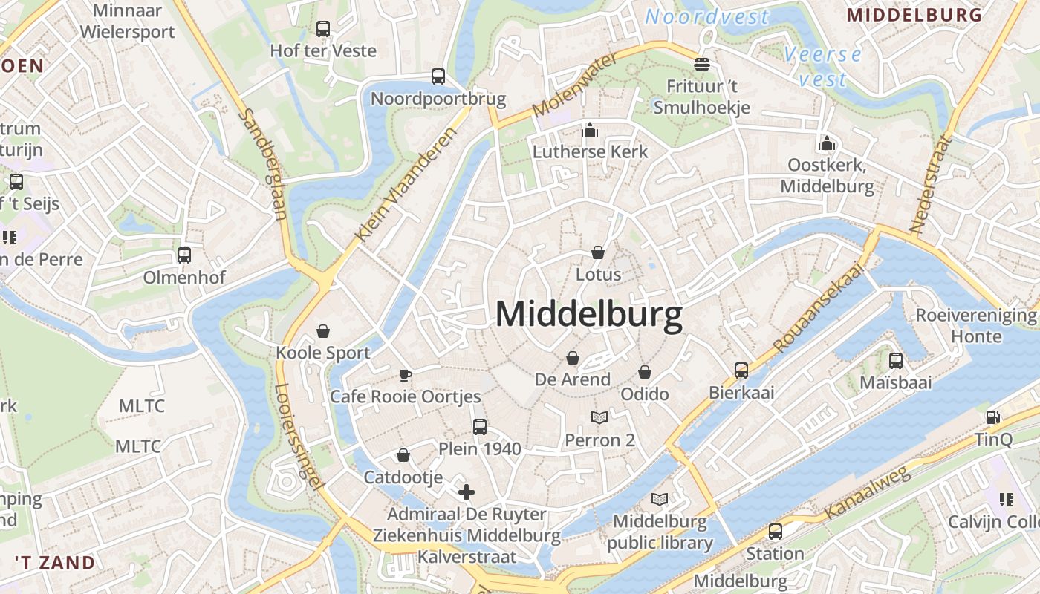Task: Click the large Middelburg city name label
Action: click(588, 314)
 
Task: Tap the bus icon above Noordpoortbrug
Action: click(438, 76)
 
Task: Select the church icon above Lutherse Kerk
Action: click(590, 131)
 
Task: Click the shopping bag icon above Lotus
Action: click(598, 252)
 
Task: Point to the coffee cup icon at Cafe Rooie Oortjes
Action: click(405, 375)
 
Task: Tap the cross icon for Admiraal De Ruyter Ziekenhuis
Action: click(467, 492)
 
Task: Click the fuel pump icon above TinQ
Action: click(992, 417)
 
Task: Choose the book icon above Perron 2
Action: click(599, 418)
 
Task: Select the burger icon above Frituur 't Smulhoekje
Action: click(702, 64)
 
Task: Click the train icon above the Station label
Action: click(775, 532)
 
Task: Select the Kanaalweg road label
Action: click(867, 493)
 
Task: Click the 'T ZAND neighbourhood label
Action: click(55, 562)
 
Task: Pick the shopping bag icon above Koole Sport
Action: click(323, 330)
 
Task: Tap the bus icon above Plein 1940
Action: click(480, 426)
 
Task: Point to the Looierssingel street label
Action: click(299, 437)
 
